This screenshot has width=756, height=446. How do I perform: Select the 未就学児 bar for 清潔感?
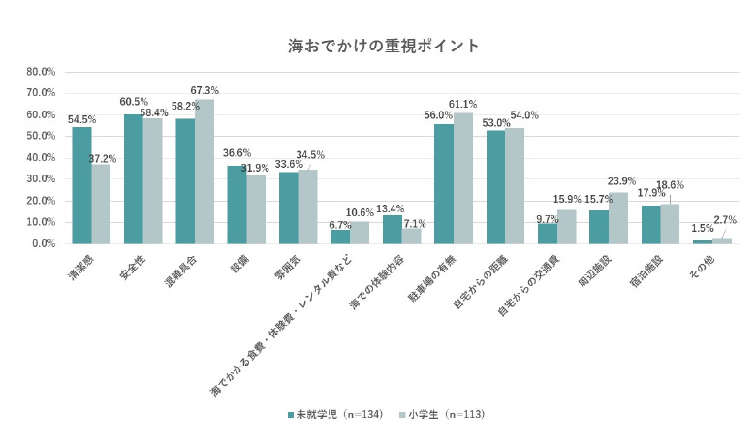(x=81, y=185)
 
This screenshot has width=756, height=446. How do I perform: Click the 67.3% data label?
(x=205, y=91)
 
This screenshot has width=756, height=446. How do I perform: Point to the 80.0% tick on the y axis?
(x=41, y=72)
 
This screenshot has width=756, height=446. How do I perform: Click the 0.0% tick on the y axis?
(x=44, y=244)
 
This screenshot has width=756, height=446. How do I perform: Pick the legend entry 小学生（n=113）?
(x=441, y=414)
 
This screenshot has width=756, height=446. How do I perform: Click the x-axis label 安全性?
(x=127, y=268)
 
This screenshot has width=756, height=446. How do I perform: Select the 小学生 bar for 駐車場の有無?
(x=463, y=178)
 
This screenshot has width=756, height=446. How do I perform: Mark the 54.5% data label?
(x=81, y=119)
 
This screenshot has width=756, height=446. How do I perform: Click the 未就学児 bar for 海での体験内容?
(x=392, y=230)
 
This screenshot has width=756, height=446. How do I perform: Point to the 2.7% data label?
(x=724, y=220)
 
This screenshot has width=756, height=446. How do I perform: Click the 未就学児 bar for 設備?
(x=236, y=205)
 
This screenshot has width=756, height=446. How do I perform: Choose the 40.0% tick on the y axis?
(x=41, y=158)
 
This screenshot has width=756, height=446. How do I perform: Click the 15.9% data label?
(x=568, y=201)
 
